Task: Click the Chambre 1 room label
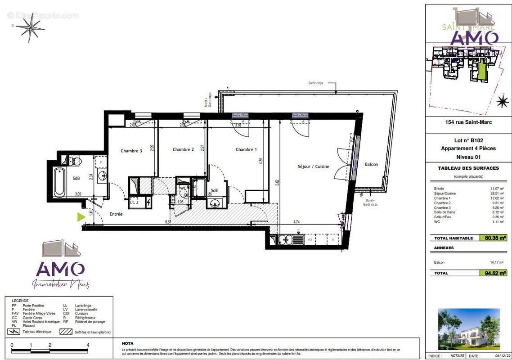click(x=246, y=149)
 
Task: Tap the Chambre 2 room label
click(x=183, y=149)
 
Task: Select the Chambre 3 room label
click(x=131, y=151)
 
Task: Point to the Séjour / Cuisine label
click(x=313, y=166)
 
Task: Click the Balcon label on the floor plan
click(x=371, y=164)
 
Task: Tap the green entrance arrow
click(x=81, y=217)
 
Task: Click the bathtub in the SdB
click(x=59, y=182)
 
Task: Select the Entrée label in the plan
click(x=116, y=214)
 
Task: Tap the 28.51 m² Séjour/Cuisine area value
click(x=496, y=193)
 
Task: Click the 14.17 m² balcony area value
click(x=496, y=262)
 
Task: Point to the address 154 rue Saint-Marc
click(x=468, y=122)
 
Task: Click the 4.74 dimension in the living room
click(x=297, y=222)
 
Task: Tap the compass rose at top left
click(x=30, y=27)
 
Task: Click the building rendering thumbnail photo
click(x=469, y=329)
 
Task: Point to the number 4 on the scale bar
click(x=88, y=345)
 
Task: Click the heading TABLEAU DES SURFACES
click(x=468, y=168)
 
